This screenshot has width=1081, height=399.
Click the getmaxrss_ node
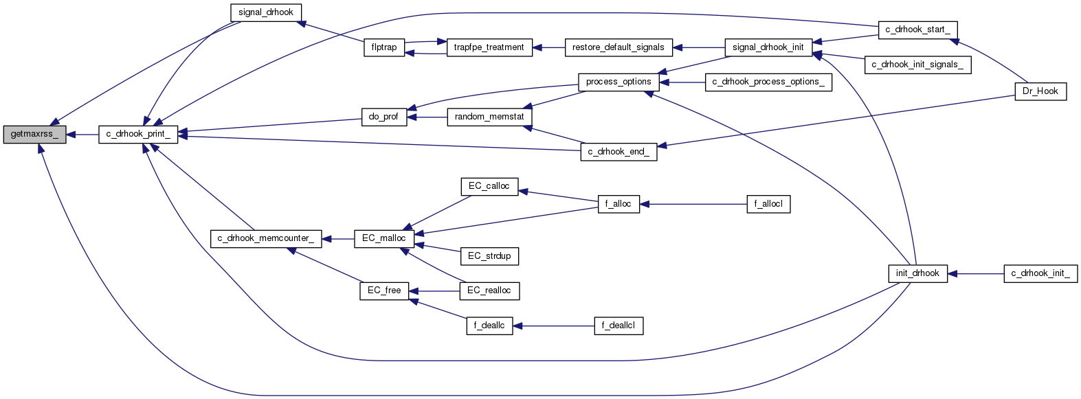click(x=34, y=135)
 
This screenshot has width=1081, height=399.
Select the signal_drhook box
click(x=265, y=12)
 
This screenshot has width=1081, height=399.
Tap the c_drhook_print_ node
click(x=138, y=134)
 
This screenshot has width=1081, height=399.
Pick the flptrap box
click(x=384, y=47)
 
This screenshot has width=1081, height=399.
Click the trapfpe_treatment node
click(x=489, y=47)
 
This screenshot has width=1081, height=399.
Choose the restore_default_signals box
click(x=618, y=47)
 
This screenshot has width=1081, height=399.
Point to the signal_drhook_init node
click(x=768, y=47)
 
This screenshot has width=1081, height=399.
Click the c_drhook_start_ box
click(x=917, y=30)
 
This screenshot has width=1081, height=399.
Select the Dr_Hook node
click(x=1040, y=91)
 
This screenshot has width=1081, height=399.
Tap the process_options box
click(x=618, y=82)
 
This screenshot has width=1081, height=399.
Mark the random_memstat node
click(x=489, y=117)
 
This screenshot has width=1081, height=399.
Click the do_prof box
click(x=383, y=117)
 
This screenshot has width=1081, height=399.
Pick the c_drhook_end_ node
click(x=618, y=152)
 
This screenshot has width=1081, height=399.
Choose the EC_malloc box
click(x=383, y=238)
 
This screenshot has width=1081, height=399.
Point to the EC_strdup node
click(x=489, y=256)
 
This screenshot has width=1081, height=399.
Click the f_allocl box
click(x=768, y=204)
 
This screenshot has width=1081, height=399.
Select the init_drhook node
click(x=917, y=273)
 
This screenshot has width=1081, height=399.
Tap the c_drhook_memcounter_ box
click(x=265, y=238)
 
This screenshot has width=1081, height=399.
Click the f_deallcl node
click(x=618, y=326)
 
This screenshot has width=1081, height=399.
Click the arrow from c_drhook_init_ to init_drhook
click(x=976, y=273)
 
